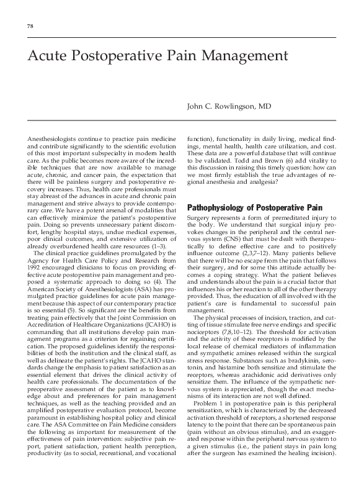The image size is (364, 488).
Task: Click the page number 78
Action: [30, 25]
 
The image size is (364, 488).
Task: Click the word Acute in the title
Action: [47, 56]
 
